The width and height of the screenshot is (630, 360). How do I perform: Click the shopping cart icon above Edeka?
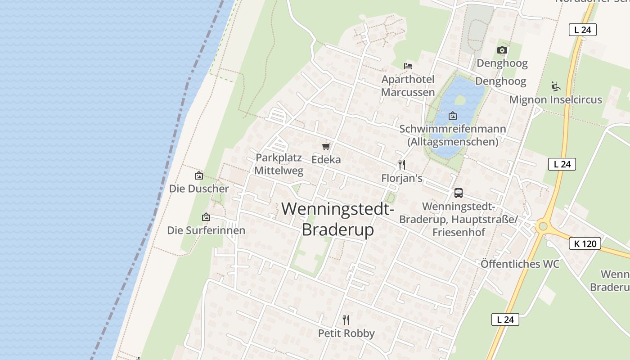(326, 146)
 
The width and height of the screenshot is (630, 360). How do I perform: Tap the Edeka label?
(326, 160)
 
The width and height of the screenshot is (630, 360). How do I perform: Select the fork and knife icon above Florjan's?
(402, 165)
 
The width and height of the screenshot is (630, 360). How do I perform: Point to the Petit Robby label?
(346, 333)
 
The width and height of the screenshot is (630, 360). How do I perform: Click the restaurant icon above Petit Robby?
(346, 320)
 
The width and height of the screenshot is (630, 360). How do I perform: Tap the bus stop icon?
(459, 193)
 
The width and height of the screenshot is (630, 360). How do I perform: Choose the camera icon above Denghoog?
(502, 50)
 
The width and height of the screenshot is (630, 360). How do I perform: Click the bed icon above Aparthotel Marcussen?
(408, 66)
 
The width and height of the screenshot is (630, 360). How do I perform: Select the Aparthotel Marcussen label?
(408, 86)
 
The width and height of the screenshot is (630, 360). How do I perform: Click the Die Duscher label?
(199, 189)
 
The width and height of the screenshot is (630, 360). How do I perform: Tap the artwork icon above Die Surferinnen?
(206, 217)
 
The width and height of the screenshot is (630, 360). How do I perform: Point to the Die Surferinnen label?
(206, 230)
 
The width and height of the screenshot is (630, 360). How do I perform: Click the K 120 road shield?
(585, 244)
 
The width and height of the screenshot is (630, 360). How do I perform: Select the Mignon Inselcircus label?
(555, 99)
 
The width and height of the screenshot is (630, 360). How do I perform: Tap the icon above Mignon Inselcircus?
(556, 86)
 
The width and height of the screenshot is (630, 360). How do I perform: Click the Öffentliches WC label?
(520, 264)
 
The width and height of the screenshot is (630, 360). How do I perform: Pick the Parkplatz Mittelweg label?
(279, 164)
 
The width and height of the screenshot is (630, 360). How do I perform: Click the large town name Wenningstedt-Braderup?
(338, 219)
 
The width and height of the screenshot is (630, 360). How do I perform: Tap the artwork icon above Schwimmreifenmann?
(453, 116)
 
